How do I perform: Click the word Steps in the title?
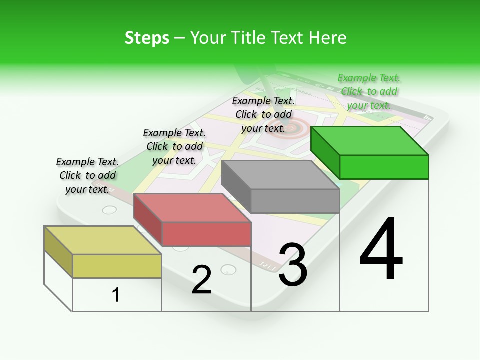147,38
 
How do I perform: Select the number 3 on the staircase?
293,265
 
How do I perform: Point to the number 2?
201,279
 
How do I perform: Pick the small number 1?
116,295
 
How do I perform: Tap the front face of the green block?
384,167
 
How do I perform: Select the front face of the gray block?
295,201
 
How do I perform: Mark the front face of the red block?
206,234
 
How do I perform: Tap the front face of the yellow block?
117,266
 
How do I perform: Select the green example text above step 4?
369,91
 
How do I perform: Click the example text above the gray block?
263,114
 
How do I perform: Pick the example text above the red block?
174,146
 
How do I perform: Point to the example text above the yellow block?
87,175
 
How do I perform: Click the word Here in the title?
327,38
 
